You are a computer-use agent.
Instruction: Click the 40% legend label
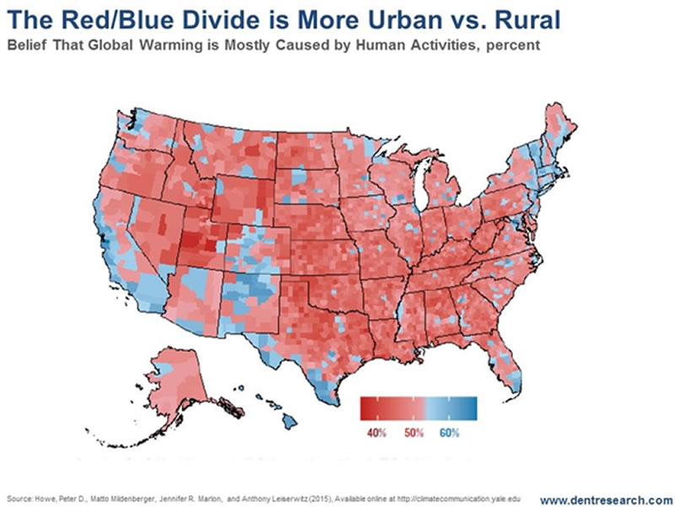[377, 433]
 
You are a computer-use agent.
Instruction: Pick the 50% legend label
[413, 433]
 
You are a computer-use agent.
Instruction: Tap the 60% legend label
[450, 433]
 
